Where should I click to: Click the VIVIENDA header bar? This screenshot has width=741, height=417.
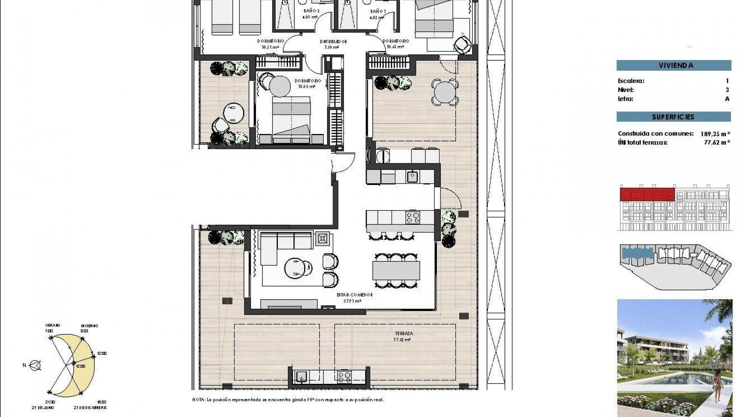pos(673,65)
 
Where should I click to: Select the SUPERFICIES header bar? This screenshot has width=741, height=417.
pos(673,117)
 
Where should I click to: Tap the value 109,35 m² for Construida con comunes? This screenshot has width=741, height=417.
pos(715,134)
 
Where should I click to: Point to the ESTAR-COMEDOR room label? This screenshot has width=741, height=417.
pos(354,295)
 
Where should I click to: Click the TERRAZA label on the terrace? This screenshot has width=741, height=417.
pos(404,333)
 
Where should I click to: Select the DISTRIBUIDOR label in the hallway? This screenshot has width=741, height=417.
pos(333,42)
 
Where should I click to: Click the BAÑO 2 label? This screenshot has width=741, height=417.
pos(311,11)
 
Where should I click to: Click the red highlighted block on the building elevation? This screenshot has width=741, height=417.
pos(647,194)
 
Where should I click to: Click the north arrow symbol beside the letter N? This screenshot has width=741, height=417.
pos(36,365)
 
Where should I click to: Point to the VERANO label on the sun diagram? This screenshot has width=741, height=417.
pos(52,325)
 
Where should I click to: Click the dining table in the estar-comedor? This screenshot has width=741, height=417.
pos(396,270)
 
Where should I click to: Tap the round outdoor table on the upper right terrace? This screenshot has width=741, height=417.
pos(445,92)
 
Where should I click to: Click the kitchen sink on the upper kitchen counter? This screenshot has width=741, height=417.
pos(412,177)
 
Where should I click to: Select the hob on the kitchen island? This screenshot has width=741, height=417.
pos(413,217)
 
